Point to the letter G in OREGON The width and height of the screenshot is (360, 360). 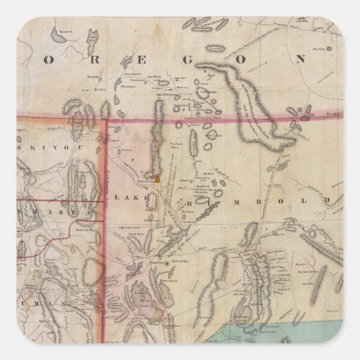pyautogui.click(x=194, y=59)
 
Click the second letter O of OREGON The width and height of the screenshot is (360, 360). pyautogui.click(x=245, y=59)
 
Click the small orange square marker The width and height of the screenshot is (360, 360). pyautogui.click(x=157, y=179)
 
